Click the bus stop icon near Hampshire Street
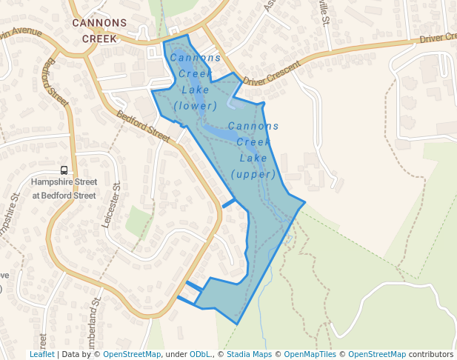click(64, 170)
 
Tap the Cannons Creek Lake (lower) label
click(196, 81)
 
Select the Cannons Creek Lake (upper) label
click(253, 150)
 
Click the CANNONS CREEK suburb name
click(99, 30)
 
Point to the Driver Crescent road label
click(272, 72)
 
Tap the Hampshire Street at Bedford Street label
click(64, 189)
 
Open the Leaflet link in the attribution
click(41, 354)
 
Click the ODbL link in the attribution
click(199, 354)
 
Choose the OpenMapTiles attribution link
click(310, 354)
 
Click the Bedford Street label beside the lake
click(144, 126)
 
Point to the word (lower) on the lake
click(196, 106)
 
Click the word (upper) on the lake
click(253, 175)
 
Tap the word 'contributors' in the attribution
click(431, 354)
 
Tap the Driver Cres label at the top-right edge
click(437, 38)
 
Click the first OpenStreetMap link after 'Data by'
click(132, 354)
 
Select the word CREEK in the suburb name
click(99, 39)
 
